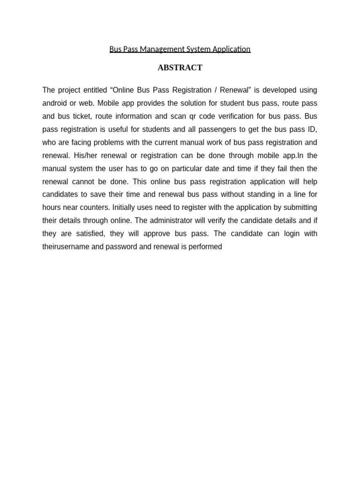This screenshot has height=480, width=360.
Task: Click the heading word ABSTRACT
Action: pos(180,67)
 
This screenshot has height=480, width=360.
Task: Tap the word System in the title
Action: pos(201,49)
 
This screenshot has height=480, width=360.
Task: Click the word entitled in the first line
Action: pos(95,90)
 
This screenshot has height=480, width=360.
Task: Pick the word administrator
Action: pos(170,220)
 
